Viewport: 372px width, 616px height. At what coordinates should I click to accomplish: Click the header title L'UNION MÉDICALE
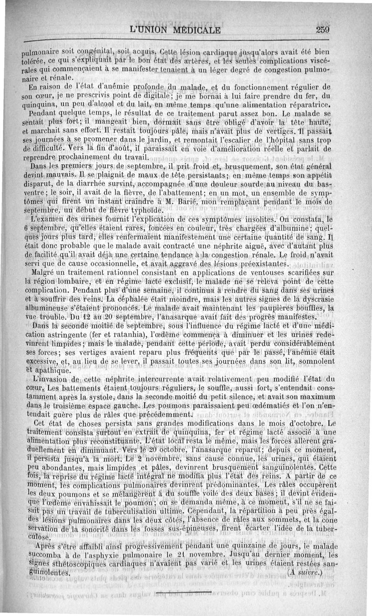tap(177, 31)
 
